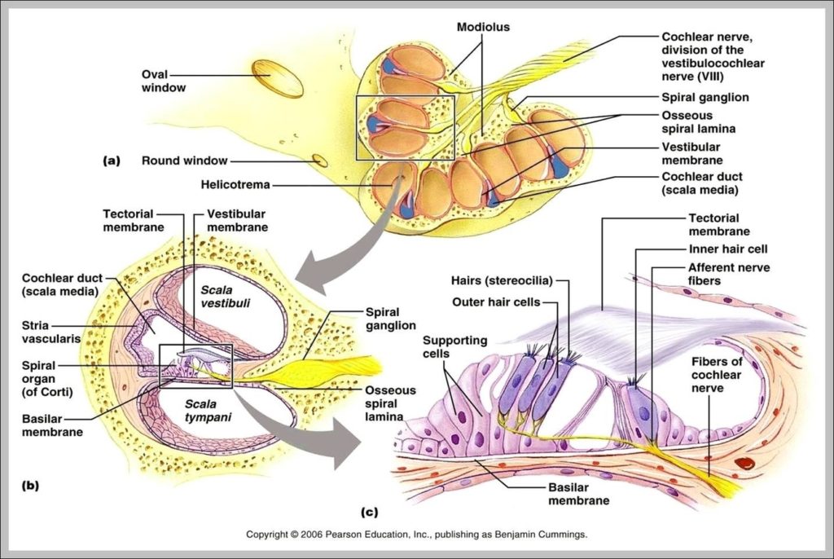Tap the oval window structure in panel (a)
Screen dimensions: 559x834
pos(277,79)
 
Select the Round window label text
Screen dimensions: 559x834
pos(184,161)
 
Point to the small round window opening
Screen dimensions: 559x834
pos(320,161)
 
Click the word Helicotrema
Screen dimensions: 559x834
pos(235,185)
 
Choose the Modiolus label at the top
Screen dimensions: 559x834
pos(483,27)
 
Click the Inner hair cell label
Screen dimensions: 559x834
pos(728,249)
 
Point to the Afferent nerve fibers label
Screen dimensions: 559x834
pos(729,274)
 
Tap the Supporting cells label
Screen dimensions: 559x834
pos(454,346)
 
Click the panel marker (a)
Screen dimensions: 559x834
pos(112,161)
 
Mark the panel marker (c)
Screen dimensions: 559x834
pos(369,513)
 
